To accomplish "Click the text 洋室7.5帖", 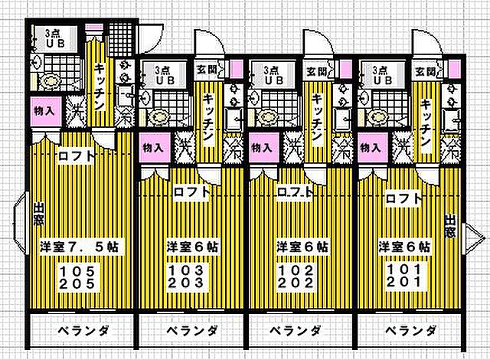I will (79, 247).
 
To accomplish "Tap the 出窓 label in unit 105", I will (38, 214).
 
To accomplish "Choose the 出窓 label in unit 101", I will (449, 227).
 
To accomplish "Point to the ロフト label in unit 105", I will (77, 157).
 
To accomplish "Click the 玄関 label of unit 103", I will (207, 70).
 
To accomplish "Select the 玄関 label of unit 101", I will (426, 70).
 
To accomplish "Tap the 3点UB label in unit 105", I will (54, 38).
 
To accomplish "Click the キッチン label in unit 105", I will (100, 82).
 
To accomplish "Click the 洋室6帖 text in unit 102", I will (302, 247).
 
